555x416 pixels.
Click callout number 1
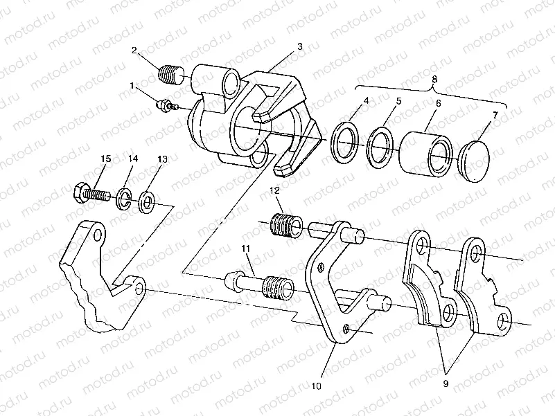(132, 87)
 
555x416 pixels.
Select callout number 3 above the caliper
(299, 46)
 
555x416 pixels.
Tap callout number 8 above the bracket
(434, 79)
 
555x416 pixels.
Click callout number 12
(274, 190)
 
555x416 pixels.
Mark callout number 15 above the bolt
(105, 160)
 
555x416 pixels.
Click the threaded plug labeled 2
(170, 73)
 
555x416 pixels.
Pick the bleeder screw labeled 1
(167, 105)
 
